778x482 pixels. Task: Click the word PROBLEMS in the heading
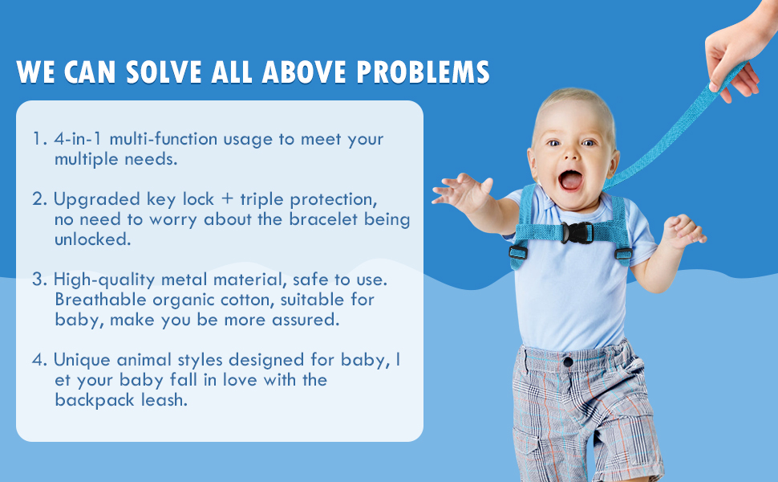(x=423, y=72)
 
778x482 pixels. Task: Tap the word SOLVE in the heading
(x=164, y=72)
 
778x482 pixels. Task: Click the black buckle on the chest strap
(x=577, y=232)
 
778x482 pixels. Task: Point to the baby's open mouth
(x=570, y=180)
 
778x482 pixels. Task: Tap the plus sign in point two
(x=227, y=198)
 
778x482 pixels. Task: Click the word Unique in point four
(x=82, y=360)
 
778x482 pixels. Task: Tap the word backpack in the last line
(x=95, y=400)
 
